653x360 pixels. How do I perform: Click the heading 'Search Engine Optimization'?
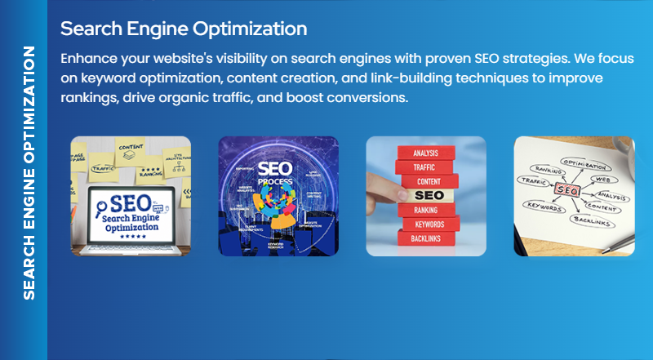click(x=184, y=29)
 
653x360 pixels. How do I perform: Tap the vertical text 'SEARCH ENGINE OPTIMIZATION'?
click(x=29, y=172)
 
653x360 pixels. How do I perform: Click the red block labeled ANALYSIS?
click(x=426, y=153)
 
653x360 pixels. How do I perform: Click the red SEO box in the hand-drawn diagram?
click(x=567, y=189)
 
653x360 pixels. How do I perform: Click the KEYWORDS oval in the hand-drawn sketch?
click(x=545, y=207)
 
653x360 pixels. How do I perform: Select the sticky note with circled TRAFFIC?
click(x=101, y=169)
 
